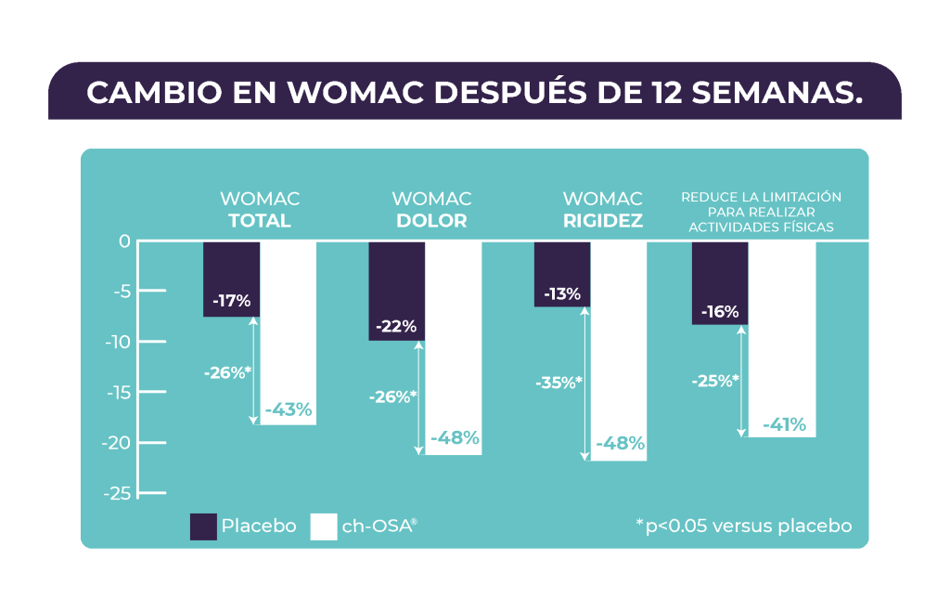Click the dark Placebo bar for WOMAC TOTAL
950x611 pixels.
[231, 269]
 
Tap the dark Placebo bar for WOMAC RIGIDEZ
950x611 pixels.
[561, 265]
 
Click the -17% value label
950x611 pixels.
[231, 301]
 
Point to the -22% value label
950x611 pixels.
[396, 326]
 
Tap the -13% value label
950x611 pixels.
[561, 294]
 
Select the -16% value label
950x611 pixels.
[720, 312]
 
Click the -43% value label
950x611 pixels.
[289, 409]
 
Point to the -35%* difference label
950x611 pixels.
[558, 382]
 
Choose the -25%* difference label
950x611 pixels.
[715, 380]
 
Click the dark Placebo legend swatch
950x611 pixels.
[203, 526]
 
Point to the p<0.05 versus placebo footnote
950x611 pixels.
[744, 526]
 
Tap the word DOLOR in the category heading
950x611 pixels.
[431, 221]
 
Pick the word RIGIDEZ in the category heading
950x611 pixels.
[602, 221]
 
